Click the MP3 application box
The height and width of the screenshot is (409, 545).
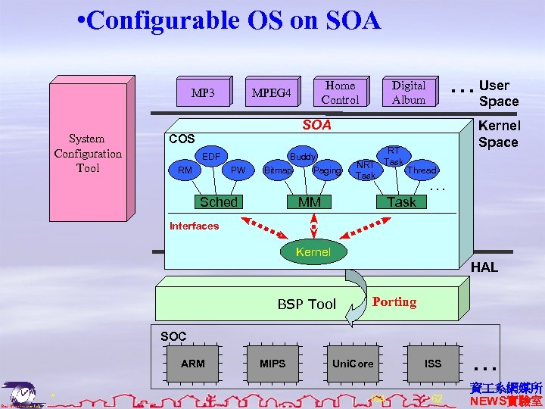[x=202, y=94]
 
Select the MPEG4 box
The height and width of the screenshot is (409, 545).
[x=271, y=94]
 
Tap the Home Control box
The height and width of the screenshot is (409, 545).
[x=340, y=92]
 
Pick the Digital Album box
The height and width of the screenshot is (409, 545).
[x=409, y=92]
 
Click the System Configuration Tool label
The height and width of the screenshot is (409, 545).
[x=88, y=153]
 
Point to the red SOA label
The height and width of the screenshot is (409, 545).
[x=317, y=124]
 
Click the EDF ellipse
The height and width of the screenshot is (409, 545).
[x=210, y=157]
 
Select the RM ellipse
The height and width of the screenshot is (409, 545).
[x=185, y=170]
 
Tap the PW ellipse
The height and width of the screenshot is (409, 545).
[x=238, y=170]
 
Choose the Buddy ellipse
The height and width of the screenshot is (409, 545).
[x=303, y=157]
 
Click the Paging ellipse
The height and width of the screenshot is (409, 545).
[x=327, y=170]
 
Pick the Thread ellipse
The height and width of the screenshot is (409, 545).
[x=422, y=170]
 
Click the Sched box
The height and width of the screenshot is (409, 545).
[x=218, y=201]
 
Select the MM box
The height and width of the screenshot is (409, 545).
[x=310, y=201]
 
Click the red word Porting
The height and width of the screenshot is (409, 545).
[x=394, y=302]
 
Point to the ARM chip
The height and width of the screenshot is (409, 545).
[x=193, y=364]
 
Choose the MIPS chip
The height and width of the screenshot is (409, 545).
[x=272, y=364]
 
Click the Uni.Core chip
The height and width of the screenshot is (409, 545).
[x=353, y=364]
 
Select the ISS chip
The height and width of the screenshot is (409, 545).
[x=432, y=364]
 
